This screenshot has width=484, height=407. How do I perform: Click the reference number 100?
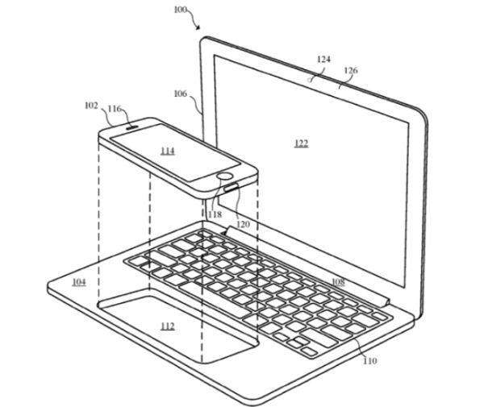click(181, 10)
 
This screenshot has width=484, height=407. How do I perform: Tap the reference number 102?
click(91, 106)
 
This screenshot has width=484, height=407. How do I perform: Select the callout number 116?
click(115, 109)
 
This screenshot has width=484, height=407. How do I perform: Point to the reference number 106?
click(181, 93)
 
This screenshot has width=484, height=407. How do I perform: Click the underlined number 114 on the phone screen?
click(168, 151)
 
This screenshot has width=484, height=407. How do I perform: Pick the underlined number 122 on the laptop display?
click(301, 143)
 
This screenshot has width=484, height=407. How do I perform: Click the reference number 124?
click(323, 59)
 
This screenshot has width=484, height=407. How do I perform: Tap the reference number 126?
click(351, 71)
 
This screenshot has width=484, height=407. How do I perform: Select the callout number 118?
click(215, 214)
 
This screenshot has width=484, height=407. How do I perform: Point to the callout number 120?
click(243, 224)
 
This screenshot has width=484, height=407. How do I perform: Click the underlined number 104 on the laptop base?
click(79, 282)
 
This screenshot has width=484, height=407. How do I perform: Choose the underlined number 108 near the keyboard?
click(338, 281)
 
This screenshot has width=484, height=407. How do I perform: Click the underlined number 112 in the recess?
click(168, 326)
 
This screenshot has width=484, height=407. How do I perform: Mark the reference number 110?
click(369, 360)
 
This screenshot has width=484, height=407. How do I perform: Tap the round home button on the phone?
click(225, 177)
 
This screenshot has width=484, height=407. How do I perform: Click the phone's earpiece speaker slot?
click(131, 126)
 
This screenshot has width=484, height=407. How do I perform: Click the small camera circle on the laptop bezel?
click(309, 80)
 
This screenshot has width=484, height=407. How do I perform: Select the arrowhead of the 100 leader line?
click(198, 28)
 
